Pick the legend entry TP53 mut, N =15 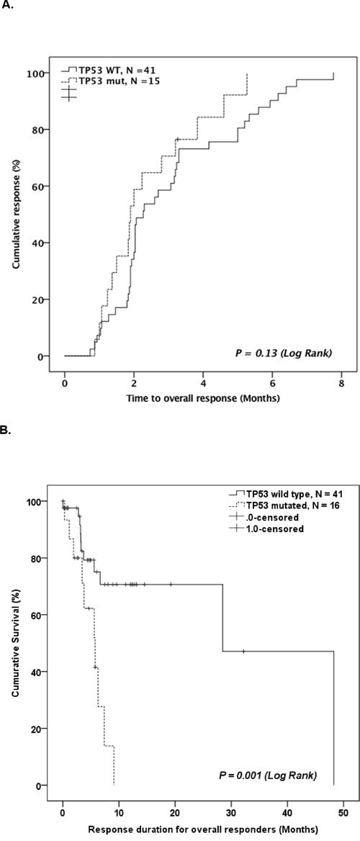click(108, 80)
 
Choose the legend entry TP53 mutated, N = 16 click(284, 505)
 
